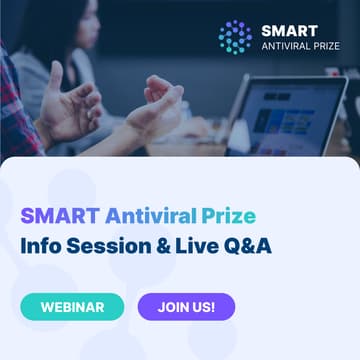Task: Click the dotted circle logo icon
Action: [x=234, y=36]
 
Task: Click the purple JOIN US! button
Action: [x=186, y=306]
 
